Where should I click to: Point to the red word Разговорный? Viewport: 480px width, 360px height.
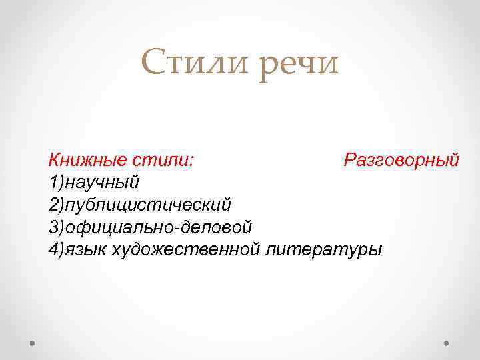pyautogui.click(x=401, y=161)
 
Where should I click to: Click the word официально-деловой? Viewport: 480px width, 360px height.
pyautogui.click(x=157, y=227)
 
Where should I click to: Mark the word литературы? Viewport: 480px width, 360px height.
pyautogui.click(x=324, y=249)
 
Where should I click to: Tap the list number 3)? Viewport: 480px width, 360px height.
pyautogui.click(x=56, y=227)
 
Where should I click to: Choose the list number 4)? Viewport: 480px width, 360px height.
pyautogui.click(x=56, y=249)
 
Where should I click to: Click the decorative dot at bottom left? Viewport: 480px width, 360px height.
pyautogui.click(x=33, y=342)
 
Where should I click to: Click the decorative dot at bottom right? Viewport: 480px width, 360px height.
pyautogui.click(x=446, y=342)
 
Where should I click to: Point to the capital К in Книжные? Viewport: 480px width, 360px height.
pyautogui.click(x=54, y=161)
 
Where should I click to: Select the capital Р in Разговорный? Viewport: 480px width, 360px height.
pyautogui.click(x=350, y=161)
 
